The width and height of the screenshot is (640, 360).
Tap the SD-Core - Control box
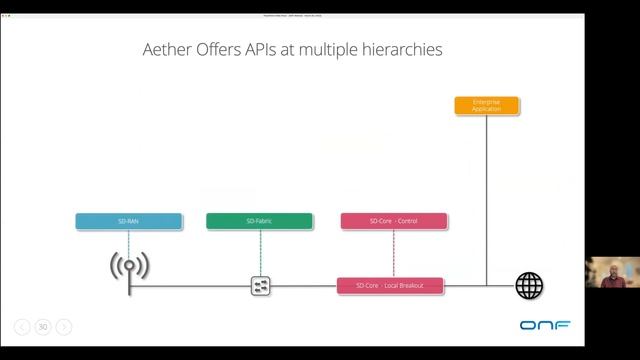tap(392, 221)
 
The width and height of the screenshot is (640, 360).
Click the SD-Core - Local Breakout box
tap(390, 286)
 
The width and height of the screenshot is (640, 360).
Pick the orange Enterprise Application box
tap(486, 104)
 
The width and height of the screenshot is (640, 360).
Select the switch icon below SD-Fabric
tap(261, 286)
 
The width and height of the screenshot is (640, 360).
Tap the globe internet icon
tap(529, 286)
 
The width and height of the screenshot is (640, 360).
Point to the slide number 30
tap(43, 326)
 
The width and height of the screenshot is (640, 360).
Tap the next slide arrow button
tap(64, 326)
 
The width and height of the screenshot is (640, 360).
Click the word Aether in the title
tap(174, 49)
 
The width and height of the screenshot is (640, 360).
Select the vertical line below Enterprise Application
tap(486, 200)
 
